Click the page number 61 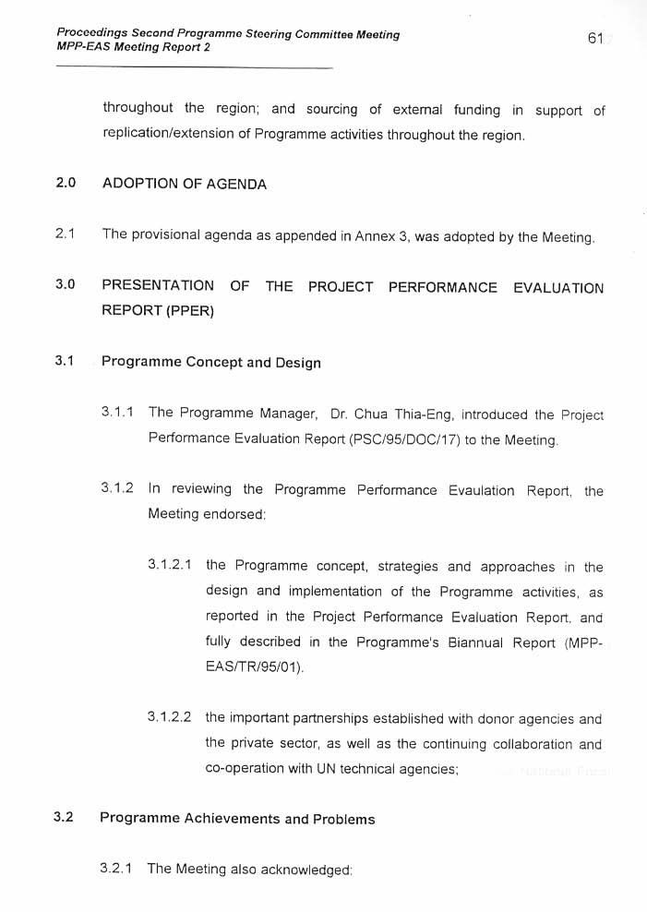(x=594, y=38)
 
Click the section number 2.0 (x=65, y=183)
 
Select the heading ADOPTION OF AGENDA (x=185, y=184)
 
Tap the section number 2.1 (x=65, y=234)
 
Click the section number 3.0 (x=65, y=285)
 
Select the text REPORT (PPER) (x=158, y=311)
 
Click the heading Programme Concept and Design (x=211, y=362)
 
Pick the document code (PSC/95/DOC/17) (x=405, y=440)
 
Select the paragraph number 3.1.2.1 (x=170, y=566)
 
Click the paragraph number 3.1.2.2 (x=170, y=717)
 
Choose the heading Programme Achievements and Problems (x=237, y=819)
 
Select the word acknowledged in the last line (x=306, y=870)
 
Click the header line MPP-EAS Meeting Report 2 (x=133, y=47)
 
